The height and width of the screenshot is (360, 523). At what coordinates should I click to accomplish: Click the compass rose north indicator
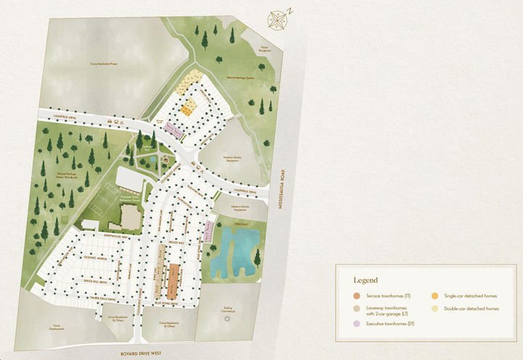tap(276, 20)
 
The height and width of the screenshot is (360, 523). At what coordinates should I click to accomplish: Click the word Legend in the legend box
tap(365, 279)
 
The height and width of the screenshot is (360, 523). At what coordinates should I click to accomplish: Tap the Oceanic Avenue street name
tap(81, 257)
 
